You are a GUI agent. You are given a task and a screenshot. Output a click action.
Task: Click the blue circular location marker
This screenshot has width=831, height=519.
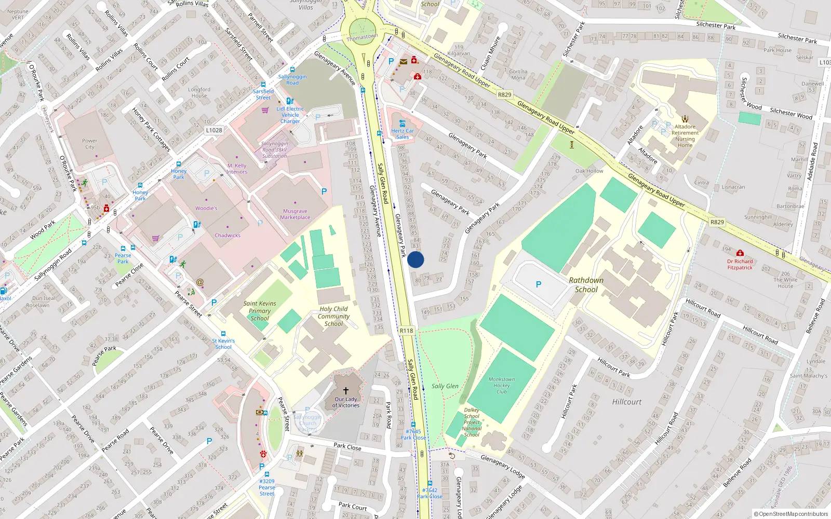click(x=415, y=259)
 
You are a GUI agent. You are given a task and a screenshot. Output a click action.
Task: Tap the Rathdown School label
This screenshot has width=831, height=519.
click(x=586, y=285)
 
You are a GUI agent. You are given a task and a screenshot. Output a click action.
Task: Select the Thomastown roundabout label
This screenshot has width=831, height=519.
click(x=362, y=37)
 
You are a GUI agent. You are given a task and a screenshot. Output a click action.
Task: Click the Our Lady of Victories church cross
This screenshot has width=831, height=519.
click(x=345, y=390)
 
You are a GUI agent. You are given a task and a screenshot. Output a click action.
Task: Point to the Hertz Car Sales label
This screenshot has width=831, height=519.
click(x=403, y=134)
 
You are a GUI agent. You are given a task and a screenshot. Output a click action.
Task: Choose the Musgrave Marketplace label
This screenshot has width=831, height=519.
click(x=295, y=214)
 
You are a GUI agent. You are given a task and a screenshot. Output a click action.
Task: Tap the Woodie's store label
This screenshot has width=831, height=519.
click(x=206, y=208)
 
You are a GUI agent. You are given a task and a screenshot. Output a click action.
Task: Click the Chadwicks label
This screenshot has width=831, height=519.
click(x=227, y=235)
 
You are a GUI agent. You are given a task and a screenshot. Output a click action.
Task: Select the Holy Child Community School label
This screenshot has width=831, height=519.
click(x=333, y=316)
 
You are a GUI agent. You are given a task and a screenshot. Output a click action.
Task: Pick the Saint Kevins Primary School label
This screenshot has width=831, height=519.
click(x=260, y=311)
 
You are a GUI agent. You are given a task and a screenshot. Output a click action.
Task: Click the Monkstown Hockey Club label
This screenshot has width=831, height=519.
click(x=501, y=385)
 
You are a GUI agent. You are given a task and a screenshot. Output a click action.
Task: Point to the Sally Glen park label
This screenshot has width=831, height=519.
click(x=445, y=386)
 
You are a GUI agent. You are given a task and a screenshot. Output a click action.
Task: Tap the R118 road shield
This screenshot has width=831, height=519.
click(x=406, y=331)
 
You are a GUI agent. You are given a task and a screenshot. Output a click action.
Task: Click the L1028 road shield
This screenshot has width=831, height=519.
click(x=213, y=130)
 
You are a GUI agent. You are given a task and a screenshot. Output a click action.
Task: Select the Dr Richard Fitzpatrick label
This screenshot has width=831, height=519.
click(x=740, y=264)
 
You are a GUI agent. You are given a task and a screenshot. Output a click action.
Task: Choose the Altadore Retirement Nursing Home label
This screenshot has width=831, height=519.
click(x=685, y=136)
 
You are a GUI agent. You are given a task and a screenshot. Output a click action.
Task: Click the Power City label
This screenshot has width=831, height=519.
click(x=89, y=144)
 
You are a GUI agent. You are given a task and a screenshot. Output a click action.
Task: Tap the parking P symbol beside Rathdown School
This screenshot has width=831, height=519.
click(x=539, y=284)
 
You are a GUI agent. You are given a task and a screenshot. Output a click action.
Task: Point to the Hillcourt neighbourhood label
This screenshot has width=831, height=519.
click(x=626, y=402)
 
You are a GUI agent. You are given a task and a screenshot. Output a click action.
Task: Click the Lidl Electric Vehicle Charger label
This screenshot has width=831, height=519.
click(x=290, y=115)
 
